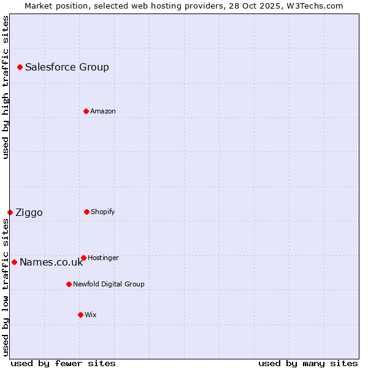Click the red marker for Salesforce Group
[20, 67]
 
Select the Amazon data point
[86, 111]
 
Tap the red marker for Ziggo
[10, 212]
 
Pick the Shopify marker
[86, 212]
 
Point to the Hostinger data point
[83, 258]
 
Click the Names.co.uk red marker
[14, 262]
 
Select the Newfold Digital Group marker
[69, 284]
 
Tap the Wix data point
[80, 315]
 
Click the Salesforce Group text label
[67, 67]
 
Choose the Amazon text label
[103, 112]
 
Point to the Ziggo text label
[29, 213]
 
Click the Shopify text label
[103, 212]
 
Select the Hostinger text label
[103, 258]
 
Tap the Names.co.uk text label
[51, 263]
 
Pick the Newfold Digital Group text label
[109, 285]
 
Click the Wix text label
[91, 315]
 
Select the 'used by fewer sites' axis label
[63, 363]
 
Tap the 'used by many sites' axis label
[308, 363]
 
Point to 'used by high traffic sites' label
[6, 87]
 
